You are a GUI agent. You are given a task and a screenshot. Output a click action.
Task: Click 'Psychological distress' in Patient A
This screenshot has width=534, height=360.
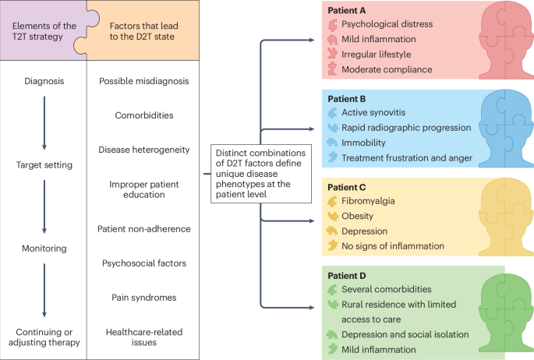(x=387, y=24)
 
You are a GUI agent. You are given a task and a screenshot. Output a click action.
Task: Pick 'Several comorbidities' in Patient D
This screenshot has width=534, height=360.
(x=387, y=289)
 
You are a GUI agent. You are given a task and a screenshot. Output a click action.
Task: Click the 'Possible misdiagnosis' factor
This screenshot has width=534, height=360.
(x=143, y=81)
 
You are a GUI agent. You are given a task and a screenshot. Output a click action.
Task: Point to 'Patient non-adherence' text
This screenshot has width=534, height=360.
(x=144, y=229)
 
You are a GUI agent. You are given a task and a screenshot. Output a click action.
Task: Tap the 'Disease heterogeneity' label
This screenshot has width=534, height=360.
(x=144, y=149)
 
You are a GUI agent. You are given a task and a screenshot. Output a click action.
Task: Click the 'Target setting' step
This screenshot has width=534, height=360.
(x=44, y=165)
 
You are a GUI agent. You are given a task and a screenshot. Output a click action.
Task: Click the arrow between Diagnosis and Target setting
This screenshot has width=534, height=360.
(x=44, y=122)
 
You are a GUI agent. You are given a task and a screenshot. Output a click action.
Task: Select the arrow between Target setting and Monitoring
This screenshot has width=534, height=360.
(x=44, y=206)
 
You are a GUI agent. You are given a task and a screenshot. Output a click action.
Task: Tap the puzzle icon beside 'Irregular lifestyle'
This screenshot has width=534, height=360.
(x=333, y=55)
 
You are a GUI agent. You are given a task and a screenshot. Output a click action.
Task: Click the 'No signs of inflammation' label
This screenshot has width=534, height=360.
(x=394, y=245)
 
